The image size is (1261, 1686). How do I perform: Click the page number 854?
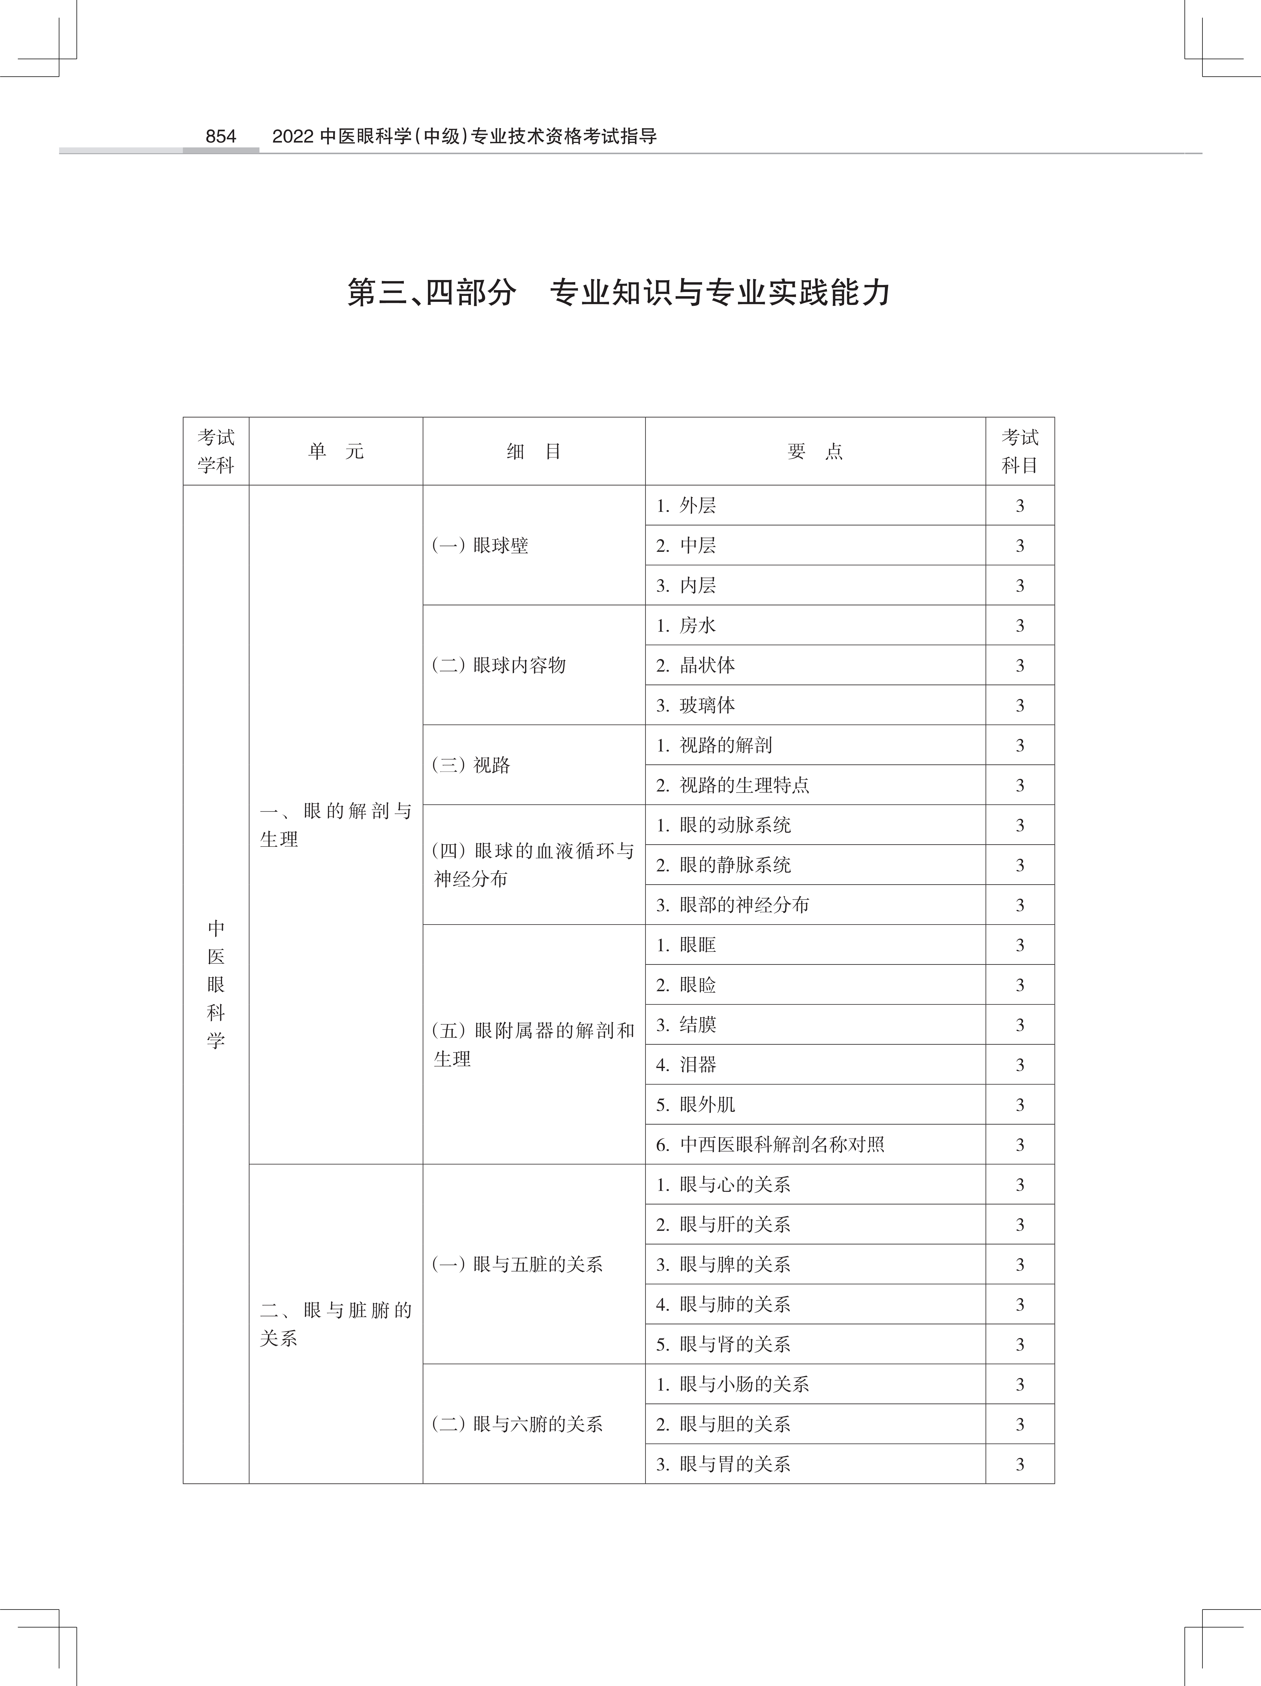221,136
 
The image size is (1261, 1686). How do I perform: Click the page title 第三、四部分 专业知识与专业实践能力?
619,293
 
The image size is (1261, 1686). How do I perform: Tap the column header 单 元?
336,451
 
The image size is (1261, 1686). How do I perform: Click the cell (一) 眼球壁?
480,546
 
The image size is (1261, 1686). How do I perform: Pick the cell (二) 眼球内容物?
499,665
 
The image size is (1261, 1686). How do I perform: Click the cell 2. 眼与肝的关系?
724,1225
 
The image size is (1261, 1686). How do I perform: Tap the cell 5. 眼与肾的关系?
724,1345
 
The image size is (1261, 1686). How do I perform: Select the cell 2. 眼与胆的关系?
724,1424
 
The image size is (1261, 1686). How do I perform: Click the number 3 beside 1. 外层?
1020,506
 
